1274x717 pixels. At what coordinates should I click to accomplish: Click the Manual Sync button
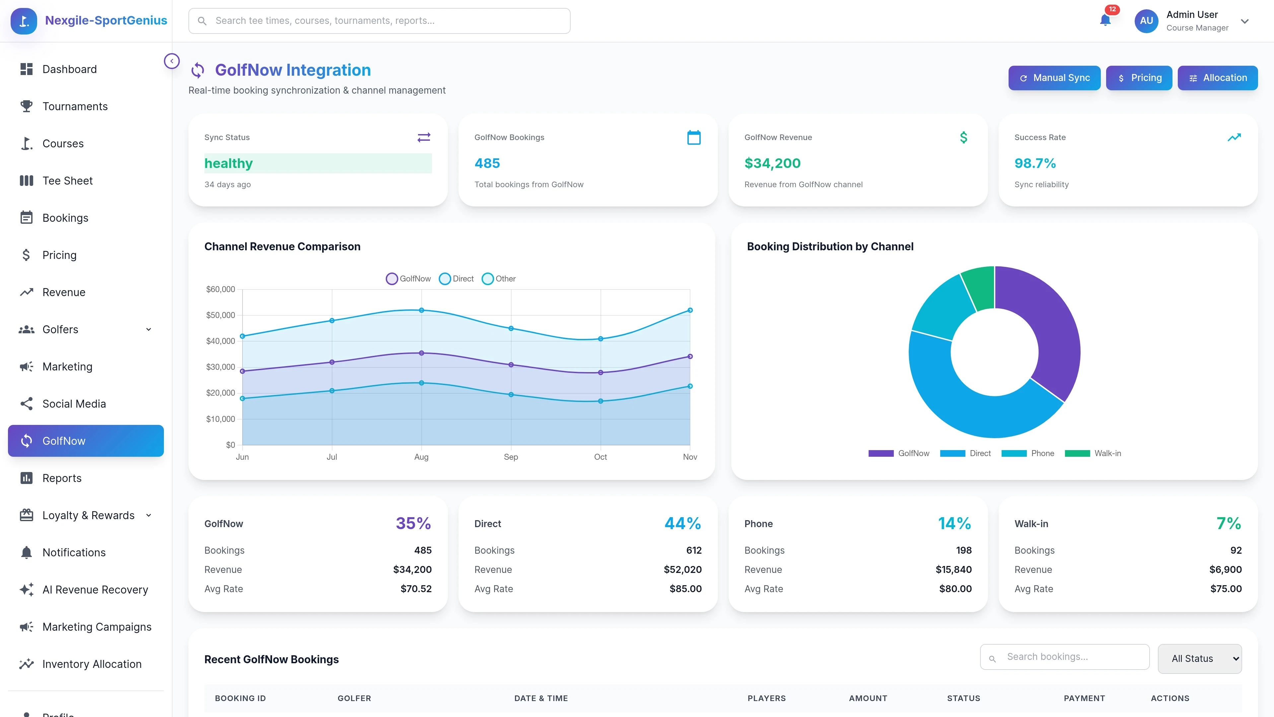[x=1054, y=78]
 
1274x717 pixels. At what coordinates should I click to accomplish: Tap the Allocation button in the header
[x=1217, y=78]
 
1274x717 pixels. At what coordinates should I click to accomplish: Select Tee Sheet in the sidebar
[x=67, y=181]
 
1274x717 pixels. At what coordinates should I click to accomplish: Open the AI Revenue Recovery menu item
[x=95, y=589]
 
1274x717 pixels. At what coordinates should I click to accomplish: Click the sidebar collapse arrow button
[x=172, y=61]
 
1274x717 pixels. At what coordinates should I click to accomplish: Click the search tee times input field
[x=379, y=21]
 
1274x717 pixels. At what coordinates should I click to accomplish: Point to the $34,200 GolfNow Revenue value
[x=772, y=163]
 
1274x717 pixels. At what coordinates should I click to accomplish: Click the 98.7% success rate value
[x=1035, y=163]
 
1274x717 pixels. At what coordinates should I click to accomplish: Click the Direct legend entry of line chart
[x=457, y=279]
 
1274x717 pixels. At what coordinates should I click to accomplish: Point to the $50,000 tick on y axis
[x=221, y=315]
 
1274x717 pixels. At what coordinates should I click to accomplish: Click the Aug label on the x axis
[x=421, y=457]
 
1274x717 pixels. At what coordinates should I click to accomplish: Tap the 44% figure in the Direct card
[x=682, y=523]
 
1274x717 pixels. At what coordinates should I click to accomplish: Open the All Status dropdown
[x=1199, y=659]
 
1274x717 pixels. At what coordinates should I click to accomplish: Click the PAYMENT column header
[x=1084, y=698]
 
